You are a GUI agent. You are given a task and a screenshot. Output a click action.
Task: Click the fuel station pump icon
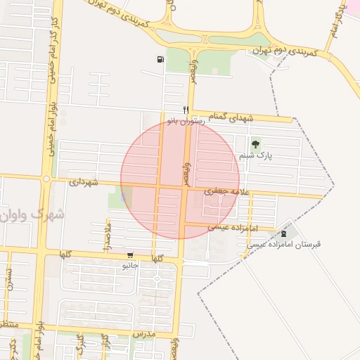tap(161, 59)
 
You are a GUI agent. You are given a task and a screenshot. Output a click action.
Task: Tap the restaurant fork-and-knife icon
tap(186, 110)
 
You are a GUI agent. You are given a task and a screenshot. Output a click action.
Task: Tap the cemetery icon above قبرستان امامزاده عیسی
tap(283, 233)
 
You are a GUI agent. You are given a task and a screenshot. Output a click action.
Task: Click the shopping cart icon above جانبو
tap(129, 255)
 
